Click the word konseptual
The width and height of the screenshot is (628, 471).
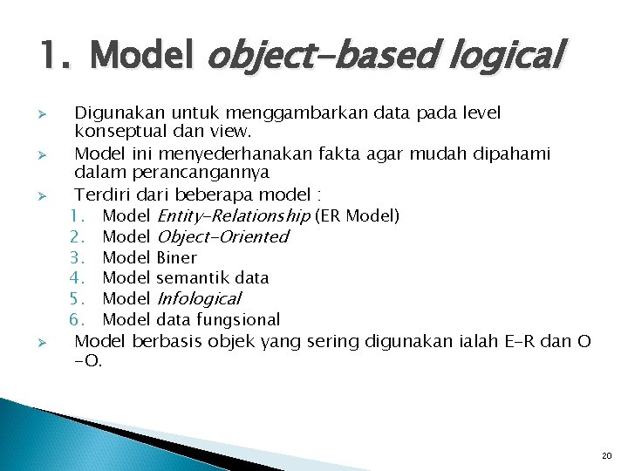117,133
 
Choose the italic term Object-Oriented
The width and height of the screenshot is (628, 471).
222,236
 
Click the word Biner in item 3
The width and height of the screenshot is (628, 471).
176,257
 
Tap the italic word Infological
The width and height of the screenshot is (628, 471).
198,298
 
